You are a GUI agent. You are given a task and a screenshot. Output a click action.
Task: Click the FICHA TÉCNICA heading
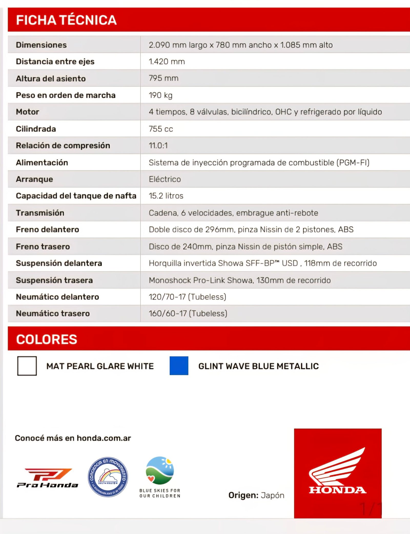[66, 20]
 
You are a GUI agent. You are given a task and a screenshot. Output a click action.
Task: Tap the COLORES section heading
[47, 339]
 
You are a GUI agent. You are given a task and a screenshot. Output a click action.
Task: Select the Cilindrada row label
[36, 129]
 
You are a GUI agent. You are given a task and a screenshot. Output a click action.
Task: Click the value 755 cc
[161, 129]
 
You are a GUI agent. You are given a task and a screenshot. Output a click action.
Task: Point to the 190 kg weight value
[161, 95]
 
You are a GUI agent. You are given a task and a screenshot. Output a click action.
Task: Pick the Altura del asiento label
[51, 79]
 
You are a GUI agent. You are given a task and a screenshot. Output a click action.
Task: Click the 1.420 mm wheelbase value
[167, 62]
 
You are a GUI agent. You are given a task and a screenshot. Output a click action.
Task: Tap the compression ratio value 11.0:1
[158, 145]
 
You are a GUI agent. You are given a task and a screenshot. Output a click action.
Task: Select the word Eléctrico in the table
[165, 179]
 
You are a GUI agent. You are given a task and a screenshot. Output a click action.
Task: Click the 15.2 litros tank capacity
[166, 196]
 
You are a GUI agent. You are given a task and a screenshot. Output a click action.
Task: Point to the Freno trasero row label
[43, 247]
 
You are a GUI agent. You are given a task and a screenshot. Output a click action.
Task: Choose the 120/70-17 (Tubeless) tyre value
[188, 297]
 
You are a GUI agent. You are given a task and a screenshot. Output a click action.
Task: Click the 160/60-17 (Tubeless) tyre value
[188, 313]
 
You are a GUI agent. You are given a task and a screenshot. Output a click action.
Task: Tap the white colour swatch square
[27, 366]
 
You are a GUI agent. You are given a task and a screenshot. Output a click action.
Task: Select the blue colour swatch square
[179, 366]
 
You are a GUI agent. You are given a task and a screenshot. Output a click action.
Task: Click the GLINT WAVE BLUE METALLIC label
[259, 366]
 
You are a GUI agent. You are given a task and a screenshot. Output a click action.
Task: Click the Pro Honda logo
[48, 478]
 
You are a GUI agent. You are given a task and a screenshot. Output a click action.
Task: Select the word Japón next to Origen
[272, 495]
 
